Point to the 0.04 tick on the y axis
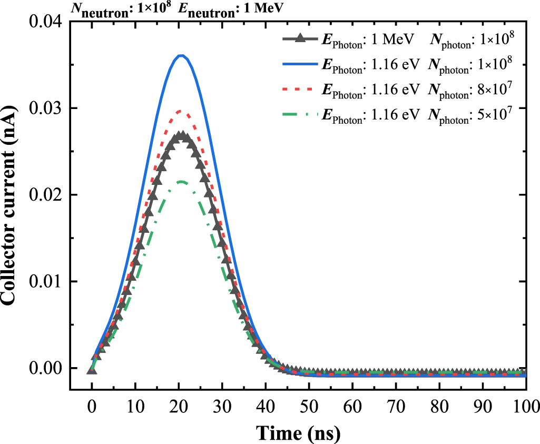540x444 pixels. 46,22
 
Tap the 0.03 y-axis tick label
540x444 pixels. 46,108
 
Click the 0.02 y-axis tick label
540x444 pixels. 46,195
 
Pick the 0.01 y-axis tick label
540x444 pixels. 46,281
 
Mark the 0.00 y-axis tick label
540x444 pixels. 46,368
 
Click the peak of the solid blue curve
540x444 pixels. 181,55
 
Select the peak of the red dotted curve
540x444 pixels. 181,111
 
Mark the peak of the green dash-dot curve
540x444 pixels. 181,182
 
